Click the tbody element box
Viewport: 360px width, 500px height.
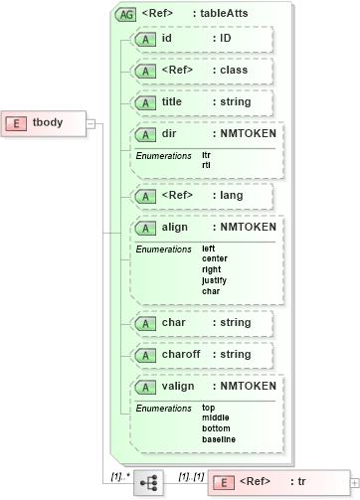coord(46,122)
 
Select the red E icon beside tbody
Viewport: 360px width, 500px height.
coord(18,122)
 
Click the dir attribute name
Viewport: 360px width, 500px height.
coord(169,133)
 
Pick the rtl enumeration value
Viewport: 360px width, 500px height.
coord(207,165)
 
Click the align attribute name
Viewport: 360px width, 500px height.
coord(175,228)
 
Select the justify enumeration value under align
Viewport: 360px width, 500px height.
coord(214,280)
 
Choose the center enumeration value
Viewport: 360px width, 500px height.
coord(214,258)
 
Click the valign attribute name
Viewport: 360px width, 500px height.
coord(177,386)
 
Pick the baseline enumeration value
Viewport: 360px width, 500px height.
coord(219,439)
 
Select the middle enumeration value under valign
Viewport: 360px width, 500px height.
coord(215,417)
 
